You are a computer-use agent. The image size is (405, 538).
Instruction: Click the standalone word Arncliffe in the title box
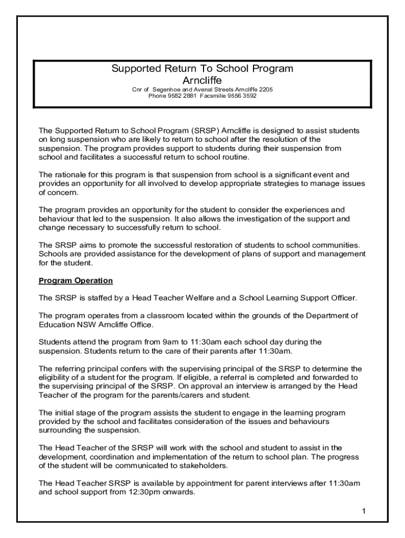click(x=202, y=80)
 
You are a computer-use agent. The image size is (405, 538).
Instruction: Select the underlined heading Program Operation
click(x=76, y=281)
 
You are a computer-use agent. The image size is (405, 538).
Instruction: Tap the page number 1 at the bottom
click(x=363, y=511)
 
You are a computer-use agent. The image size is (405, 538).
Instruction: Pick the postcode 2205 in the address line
click(x=265, y=89)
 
